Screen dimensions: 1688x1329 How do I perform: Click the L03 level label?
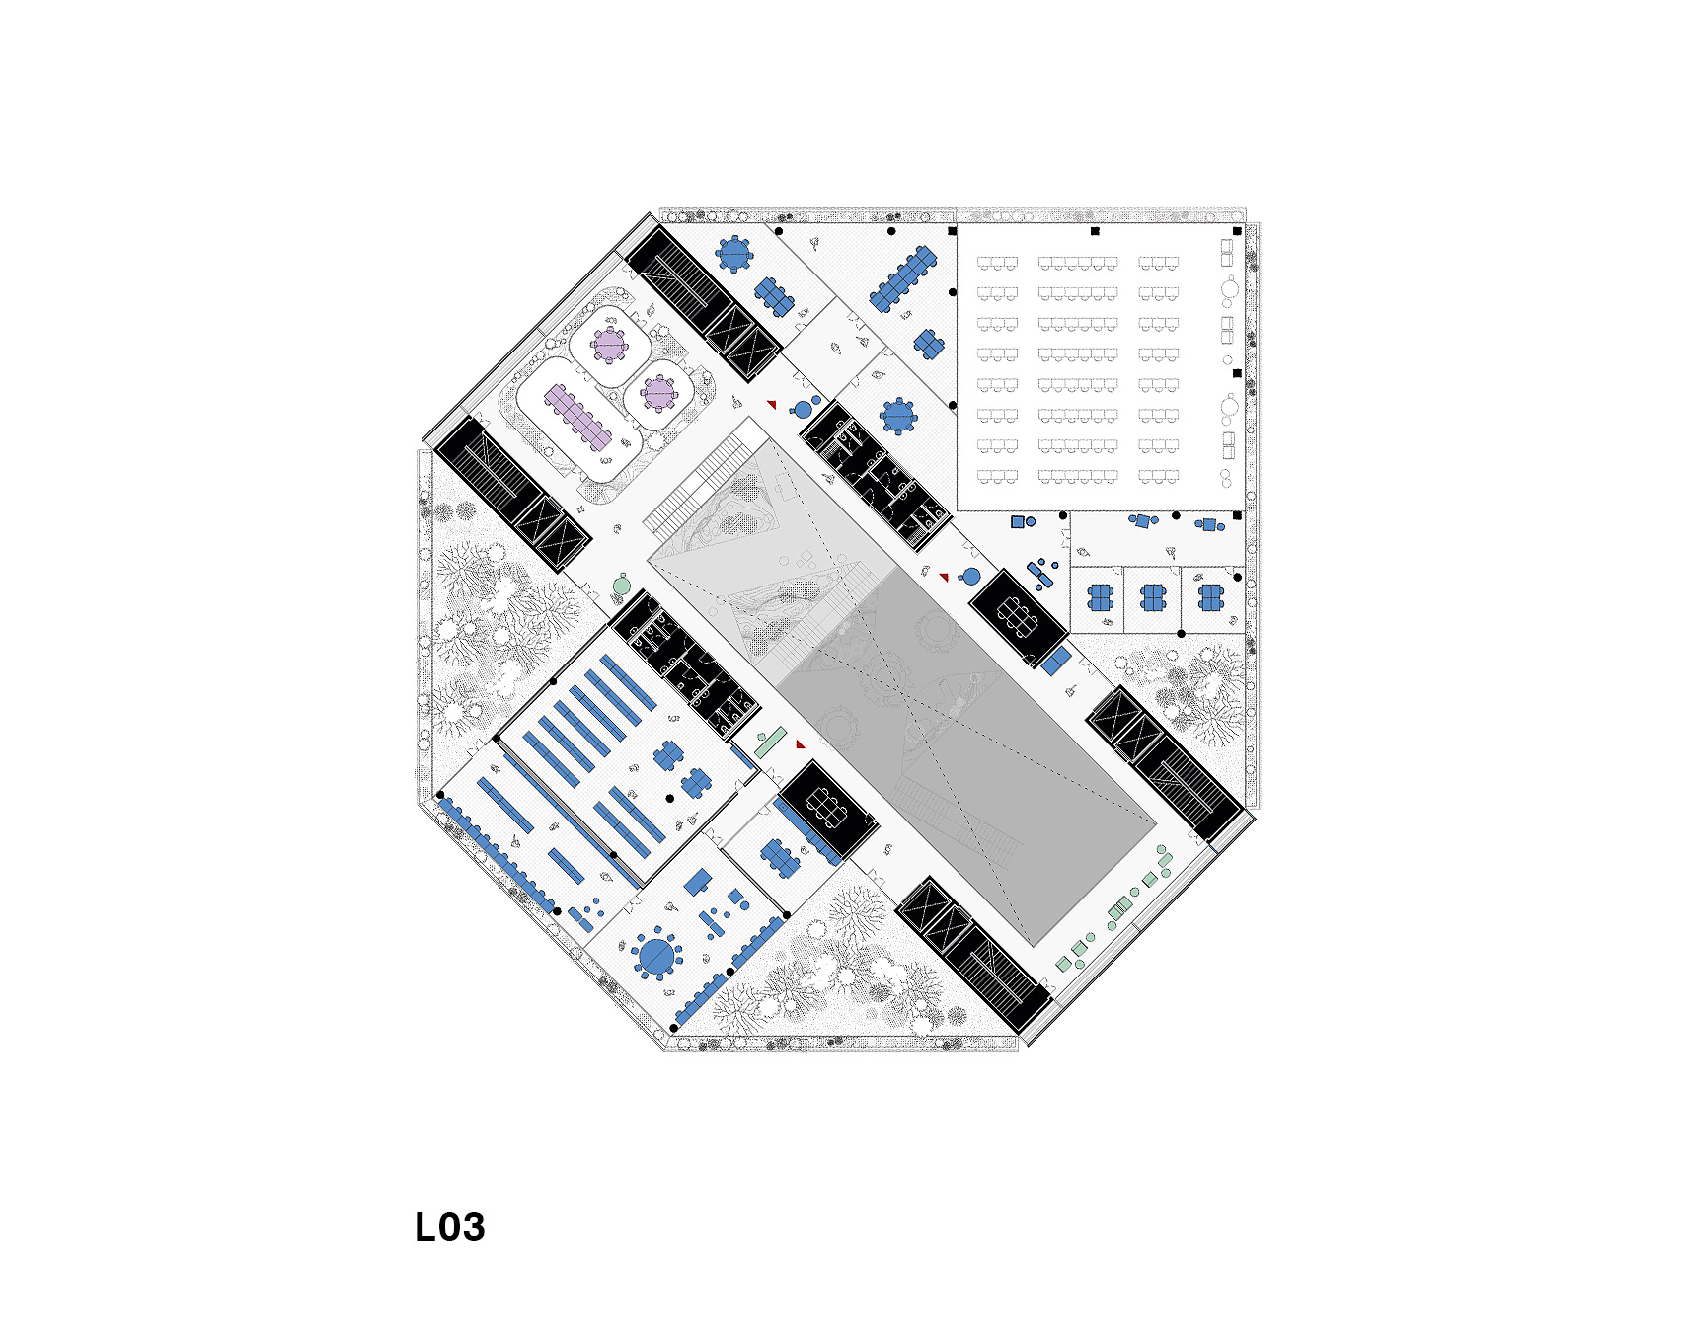[450, 1227]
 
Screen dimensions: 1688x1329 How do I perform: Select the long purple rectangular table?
[577, 417]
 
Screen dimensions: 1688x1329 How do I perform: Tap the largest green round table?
[621, 586]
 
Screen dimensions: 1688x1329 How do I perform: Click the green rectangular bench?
[770, 743]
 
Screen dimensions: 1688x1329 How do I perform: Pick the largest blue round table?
[656, 955]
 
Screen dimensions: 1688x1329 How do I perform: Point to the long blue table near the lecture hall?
[902, 277]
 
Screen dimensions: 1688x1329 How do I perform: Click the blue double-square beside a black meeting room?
[1056, 661]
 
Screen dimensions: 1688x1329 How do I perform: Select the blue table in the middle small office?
[1153, 598]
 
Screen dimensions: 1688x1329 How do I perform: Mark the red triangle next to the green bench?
[801, 744]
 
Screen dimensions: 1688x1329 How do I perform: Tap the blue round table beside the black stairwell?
[733, 254]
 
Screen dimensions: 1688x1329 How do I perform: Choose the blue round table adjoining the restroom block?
[898, 416]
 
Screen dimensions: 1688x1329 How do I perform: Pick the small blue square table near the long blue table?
[929, 344]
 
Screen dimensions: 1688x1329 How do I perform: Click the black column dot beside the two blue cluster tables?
[670, 798]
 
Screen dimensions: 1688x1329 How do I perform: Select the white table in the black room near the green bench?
[826, 809]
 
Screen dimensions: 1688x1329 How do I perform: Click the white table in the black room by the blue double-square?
[1018, 618]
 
